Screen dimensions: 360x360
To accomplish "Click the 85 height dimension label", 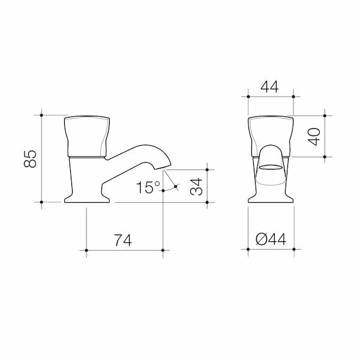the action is coord(30,158).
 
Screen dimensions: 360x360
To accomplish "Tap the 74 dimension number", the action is coord(123,240).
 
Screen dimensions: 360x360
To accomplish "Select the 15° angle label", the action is coord(148,187).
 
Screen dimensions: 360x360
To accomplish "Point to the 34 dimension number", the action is coord(196,187).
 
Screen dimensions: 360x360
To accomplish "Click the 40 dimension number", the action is coord(314,137).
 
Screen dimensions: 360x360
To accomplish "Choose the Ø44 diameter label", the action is coord(271,239).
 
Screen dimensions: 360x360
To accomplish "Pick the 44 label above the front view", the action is coord(269,86).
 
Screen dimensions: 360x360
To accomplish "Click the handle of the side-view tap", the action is coord(87,137).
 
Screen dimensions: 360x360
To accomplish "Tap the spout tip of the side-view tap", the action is coord(164,168).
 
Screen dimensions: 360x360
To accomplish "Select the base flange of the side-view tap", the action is coord(87,199).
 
